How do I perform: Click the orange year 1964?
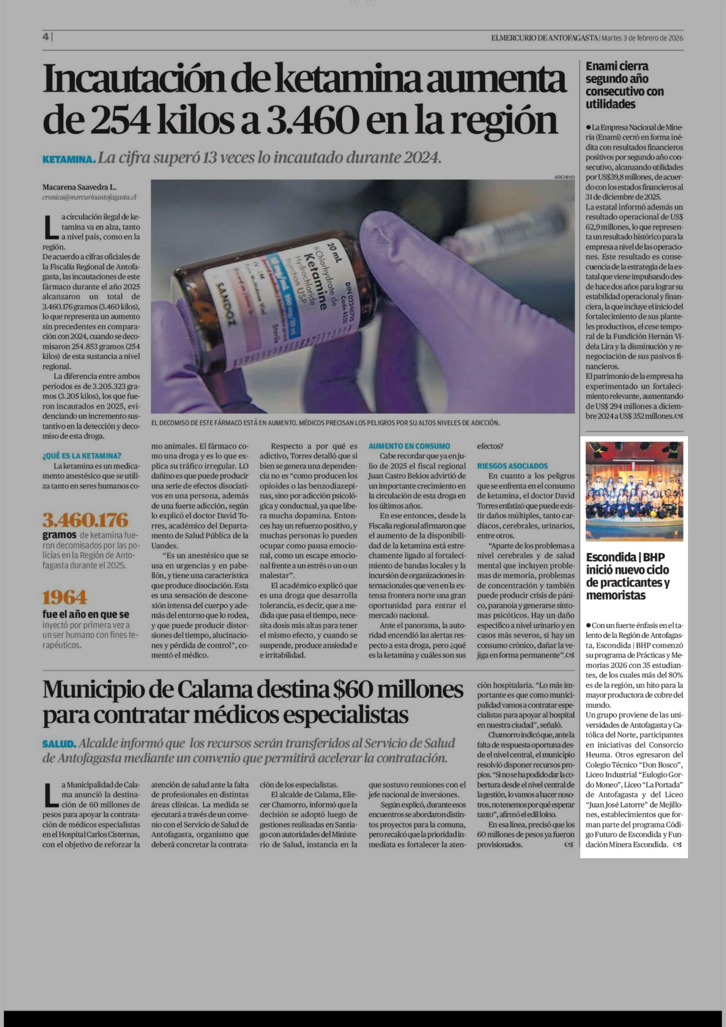pyautogui.click(x=65, y=598)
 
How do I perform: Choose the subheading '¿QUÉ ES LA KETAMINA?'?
pyautogui.click(x=82, y=456)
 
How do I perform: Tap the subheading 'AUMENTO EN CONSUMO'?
pyautogui.click(x=409, y=446)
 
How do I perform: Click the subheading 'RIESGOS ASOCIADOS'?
pyautogui.click(x=512, y=466)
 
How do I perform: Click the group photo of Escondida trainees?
pyautogui.click(x=634, y=491)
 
